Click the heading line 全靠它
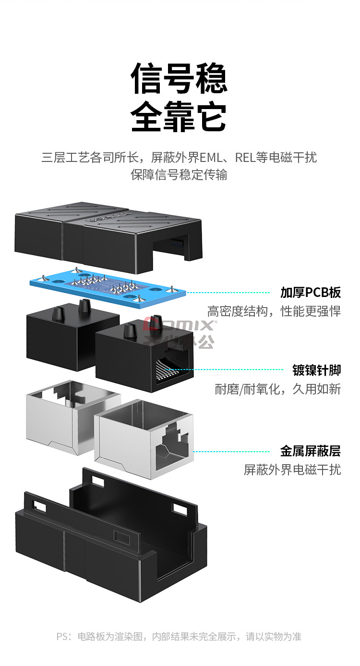coord(179,116)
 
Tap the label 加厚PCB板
coord(311,292)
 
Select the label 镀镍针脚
coord(316,370)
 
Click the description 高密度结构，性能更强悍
coord(274,311)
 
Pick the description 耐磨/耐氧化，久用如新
coord(277,389)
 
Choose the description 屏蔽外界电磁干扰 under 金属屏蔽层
coord(292,469)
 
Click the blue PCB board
coord(108,285)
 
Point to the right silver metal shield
coord(144,440)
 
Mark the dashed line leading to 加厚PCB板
coord(228,292)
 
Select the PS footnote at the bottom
coord(179,637)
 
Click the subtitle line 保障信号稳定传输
coord(179,174)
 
